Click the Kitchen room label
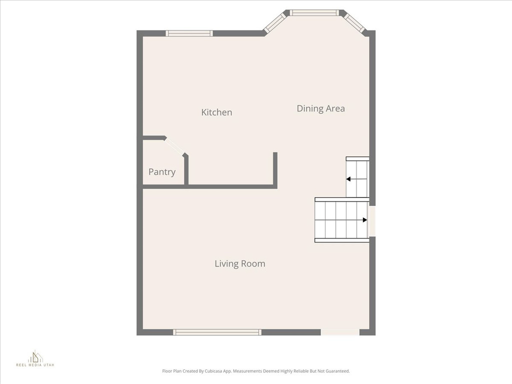pyautogui.click(x=216, y=112)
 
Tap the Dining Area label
pyautogui.click(x=320, y=108)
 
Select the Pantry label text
pyautogui.click(x=162, y=172)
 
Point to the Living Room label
pyautogui.click(x=240, y=264)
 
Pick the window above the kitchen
pyautogui.click(x=189, y=33)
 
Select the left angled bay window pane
pyautogui.click(x=274, y=22)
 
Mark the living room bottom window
pyautogui.click(x=217, y=332)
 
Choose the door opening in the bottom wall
pyautogui.click(x=340, y=332)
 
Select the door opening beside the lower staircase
pyautogui.click(x=372, y=221)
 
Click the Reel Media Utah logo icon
pyautogui.click(x=35, y=356)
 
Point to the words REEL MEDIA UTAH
pyautogui.click(x=35, y=365)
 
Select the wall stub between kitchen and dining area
pyautogui.click(x=275, y=170)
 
